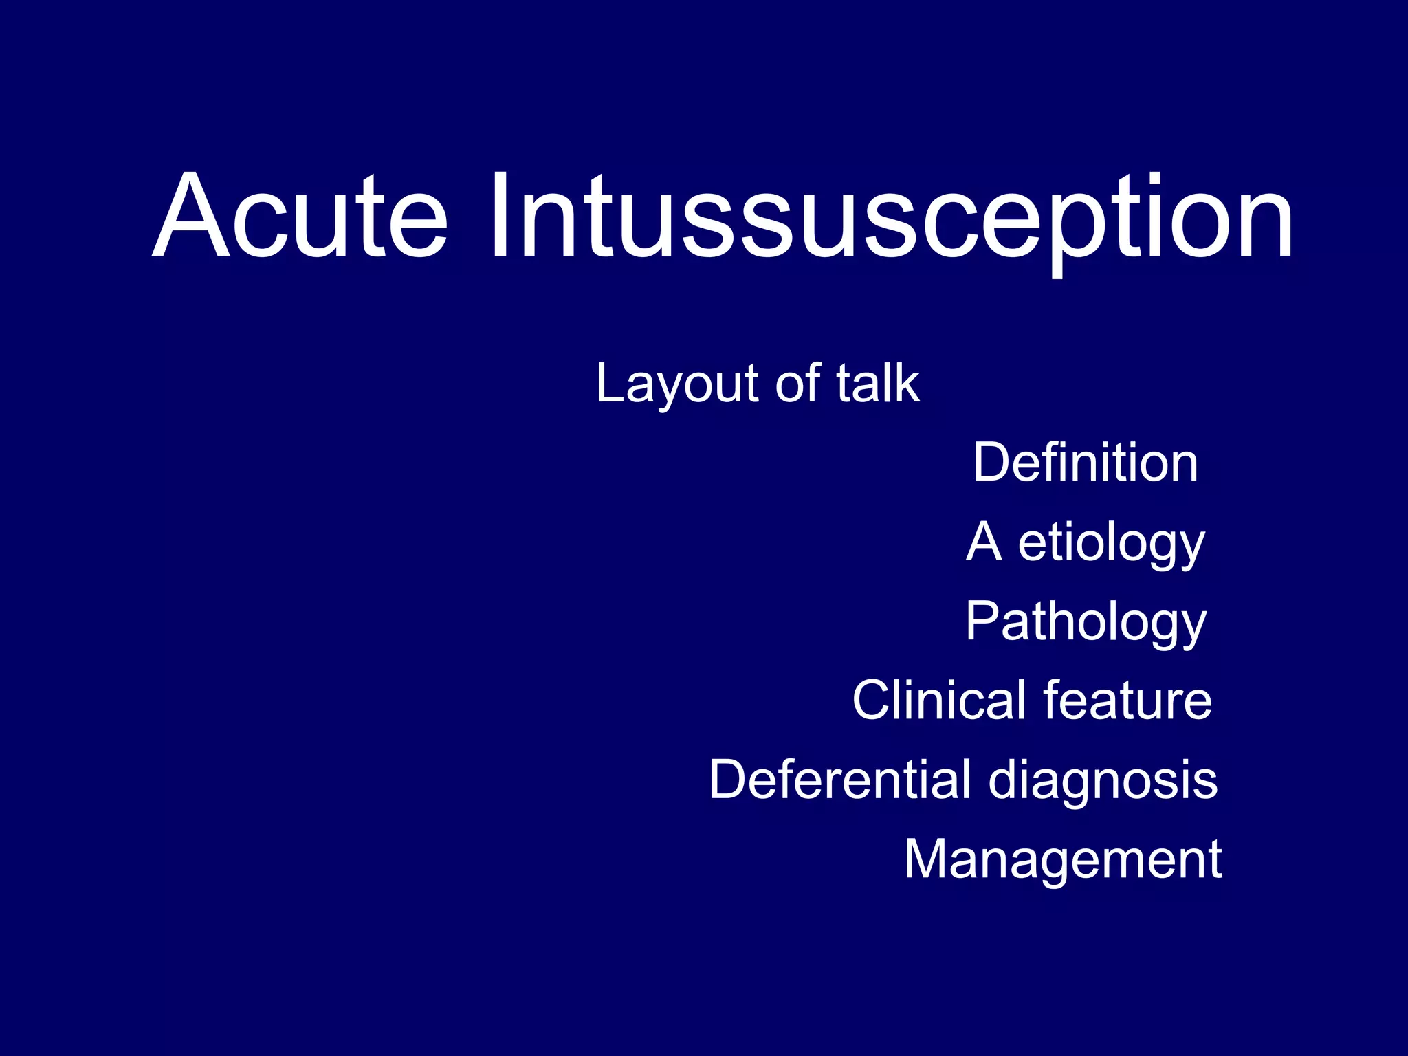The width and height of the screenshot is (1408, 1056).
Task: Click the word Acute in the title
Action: tap(300, 216)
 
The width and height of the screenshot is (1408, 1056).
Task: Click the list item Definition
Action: tap(1086, 463)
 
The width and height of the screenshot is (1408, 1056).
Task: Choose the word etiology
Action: tap(1111, 544)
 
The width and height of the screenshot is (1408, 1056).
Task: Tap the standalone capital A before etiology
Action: tap(983, 542)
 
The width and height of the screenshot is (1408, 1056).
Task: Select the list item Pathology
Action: tap(1086, 622)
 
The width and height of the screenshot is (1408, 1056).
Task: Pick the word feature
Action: tap(1127, 701)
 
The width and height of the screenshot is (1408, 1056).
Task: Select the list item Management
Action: tap(1063, 859)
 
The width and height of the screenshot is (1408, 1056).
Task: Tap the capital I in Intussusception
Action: tap(500, 216)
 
